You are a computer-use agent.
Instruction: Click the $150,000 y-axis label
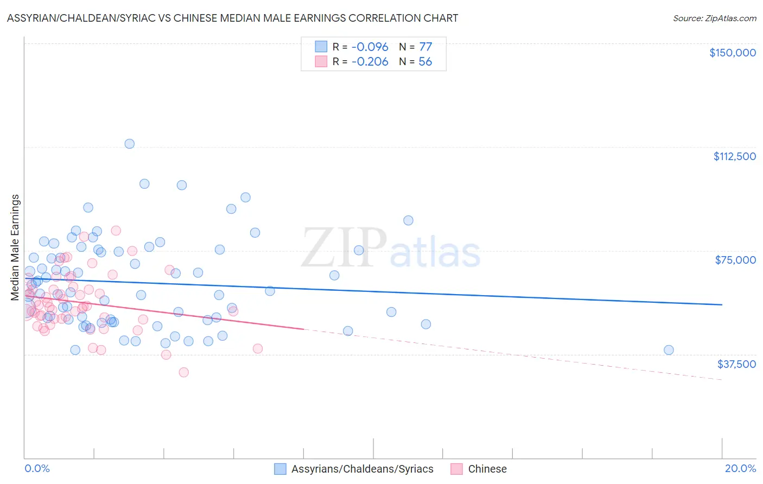pyautogui.click(x=732, y=53)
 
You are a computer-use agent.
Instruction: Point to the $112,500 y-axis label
pyautogui.click(x=734, y=156)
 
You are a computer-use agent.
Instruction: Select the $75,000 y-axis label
pyautogui.click(x=735, y=260)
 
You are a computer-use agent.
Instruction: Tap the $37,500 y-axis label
pyautogui.click(x=736, y=364)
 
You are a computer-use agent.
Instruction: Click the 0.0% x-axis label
pyautogui.click(x=37, y=469)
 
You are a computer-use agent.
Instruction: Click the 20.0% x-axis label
pyautogui.click(x=740, y=469)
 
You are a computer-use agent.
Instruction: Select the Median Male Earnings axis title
pyautogui.click(x=15, y=247)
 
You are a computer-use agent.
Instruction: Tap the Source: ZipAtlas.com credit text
pyautogui.click(x=714, y=18)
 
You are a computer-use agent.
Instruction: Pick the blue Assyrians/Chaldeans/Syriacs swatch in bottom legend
pyautogui.click(x=280, y=469)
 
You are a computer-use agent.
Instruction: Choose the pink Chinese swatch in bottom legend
pyautogui.click(x=457, y=469)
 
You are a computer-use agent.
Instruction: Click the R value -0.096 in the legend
pyautogui.click(x=370, y=47)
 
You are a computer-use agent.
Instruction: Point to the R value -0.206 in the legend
pyautogui.click(x=370, y=62)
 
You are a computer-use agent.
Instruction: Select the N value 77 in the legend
pyautogui.click(x=425, y=47)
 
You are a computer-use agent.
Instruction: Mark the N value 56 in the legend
pyautogui.click(x=425, y=62)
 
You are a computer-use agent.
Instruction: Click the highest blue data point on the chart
pyautogui.click(x=129, y=144)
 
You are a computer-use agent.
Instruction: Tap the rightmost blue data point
pyautogui.click(x=669, y=350)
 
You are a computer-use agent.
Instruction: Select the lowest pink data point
pyautogui.click(x=183, y=372)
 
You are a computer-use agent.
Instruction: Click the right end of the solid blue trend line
pyautogui.click(x=722, y=305)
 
